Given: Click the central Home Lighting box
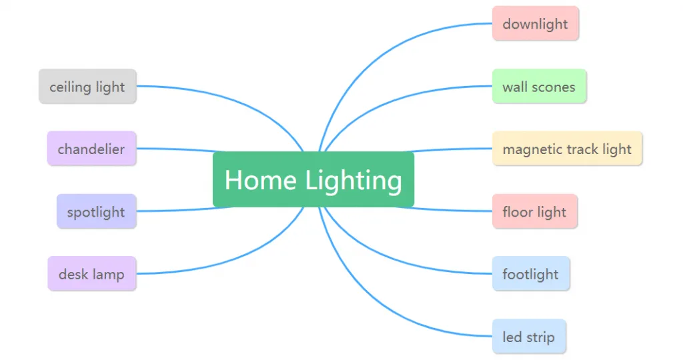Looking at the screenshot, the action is pos(313,179).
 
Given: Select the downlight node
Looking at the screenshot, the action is pos(536,23).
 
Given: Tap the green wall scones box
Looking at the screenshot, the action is pos(539,86).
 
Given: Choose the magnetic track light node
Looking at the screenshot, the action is pos(567,149).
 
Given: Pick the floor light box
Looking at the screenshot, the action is pos(535,211).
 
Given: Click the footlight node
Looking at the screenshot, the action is pos(531,274).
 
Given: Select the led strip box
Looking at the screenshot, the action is pos(529,337).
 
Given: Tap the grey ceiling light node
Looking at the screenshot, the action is pos(87,86).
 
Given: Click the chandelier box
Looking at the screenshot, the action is pos(91,149).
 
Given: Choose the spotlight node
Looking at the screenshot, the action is pos(96,211).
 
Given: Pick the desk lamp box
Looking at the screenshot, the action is pos(92,274).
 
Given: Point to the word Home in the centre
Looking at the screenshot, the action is pos(261,180).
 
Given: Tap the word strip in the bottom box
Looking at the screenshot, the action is pos(540,338).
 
